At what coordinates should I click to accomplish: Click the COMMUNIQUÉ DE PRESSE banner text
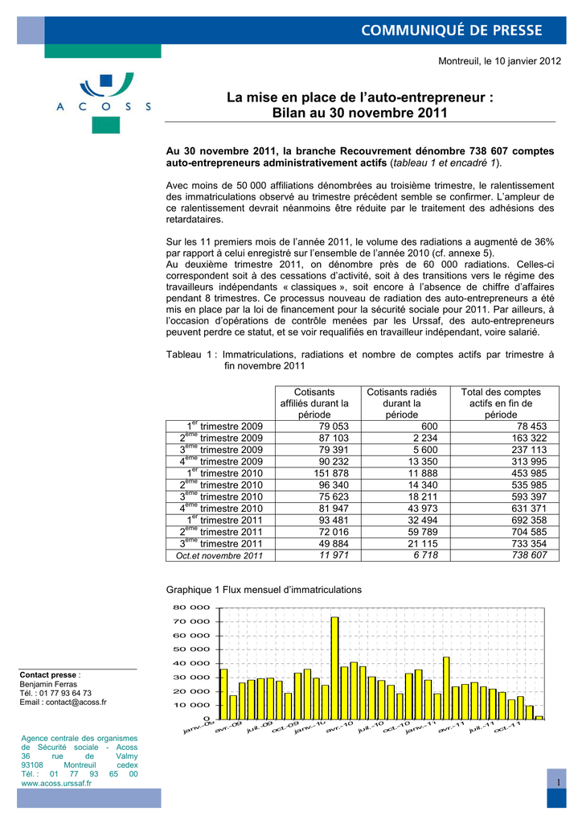(451, 31)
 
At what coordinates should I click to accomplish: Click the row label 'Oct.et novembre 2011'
(219, 555)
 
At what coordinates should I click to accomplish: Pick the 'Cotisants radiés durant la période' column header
(402, 403)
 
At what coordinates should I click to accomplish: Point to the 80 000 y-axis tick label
(193, 608)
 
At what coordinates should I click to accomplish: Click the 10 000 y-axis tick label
(193, 705)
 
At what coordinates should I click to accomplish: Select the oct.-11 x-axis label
(506, 727)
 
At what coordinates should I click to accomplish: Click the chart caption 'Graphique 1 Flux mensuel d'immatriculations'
(264, 590)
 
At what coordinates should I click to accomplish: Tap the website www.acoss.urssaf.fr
(55, 782)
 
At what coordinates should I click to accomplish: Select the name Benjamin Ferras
(49, 684)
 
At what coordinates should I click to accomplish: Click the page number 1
(555, 783)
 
